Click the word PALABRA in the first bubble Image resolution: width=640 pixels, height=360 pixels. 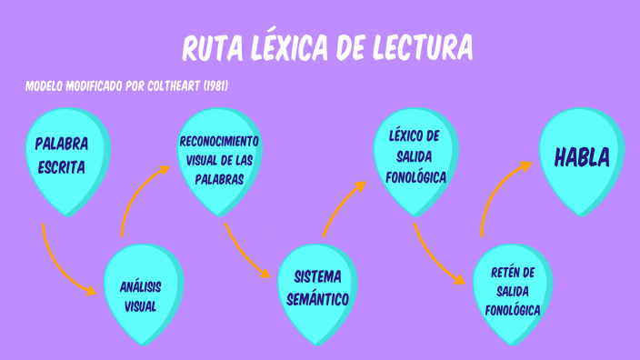point(62,145)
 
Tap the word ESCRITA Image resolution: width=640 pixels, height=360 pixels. point(62,167)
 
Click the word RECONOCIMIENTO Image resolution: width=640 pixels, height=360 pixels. point(219,143)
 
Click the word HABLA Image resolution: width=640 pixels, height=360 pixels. point(581,158)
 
